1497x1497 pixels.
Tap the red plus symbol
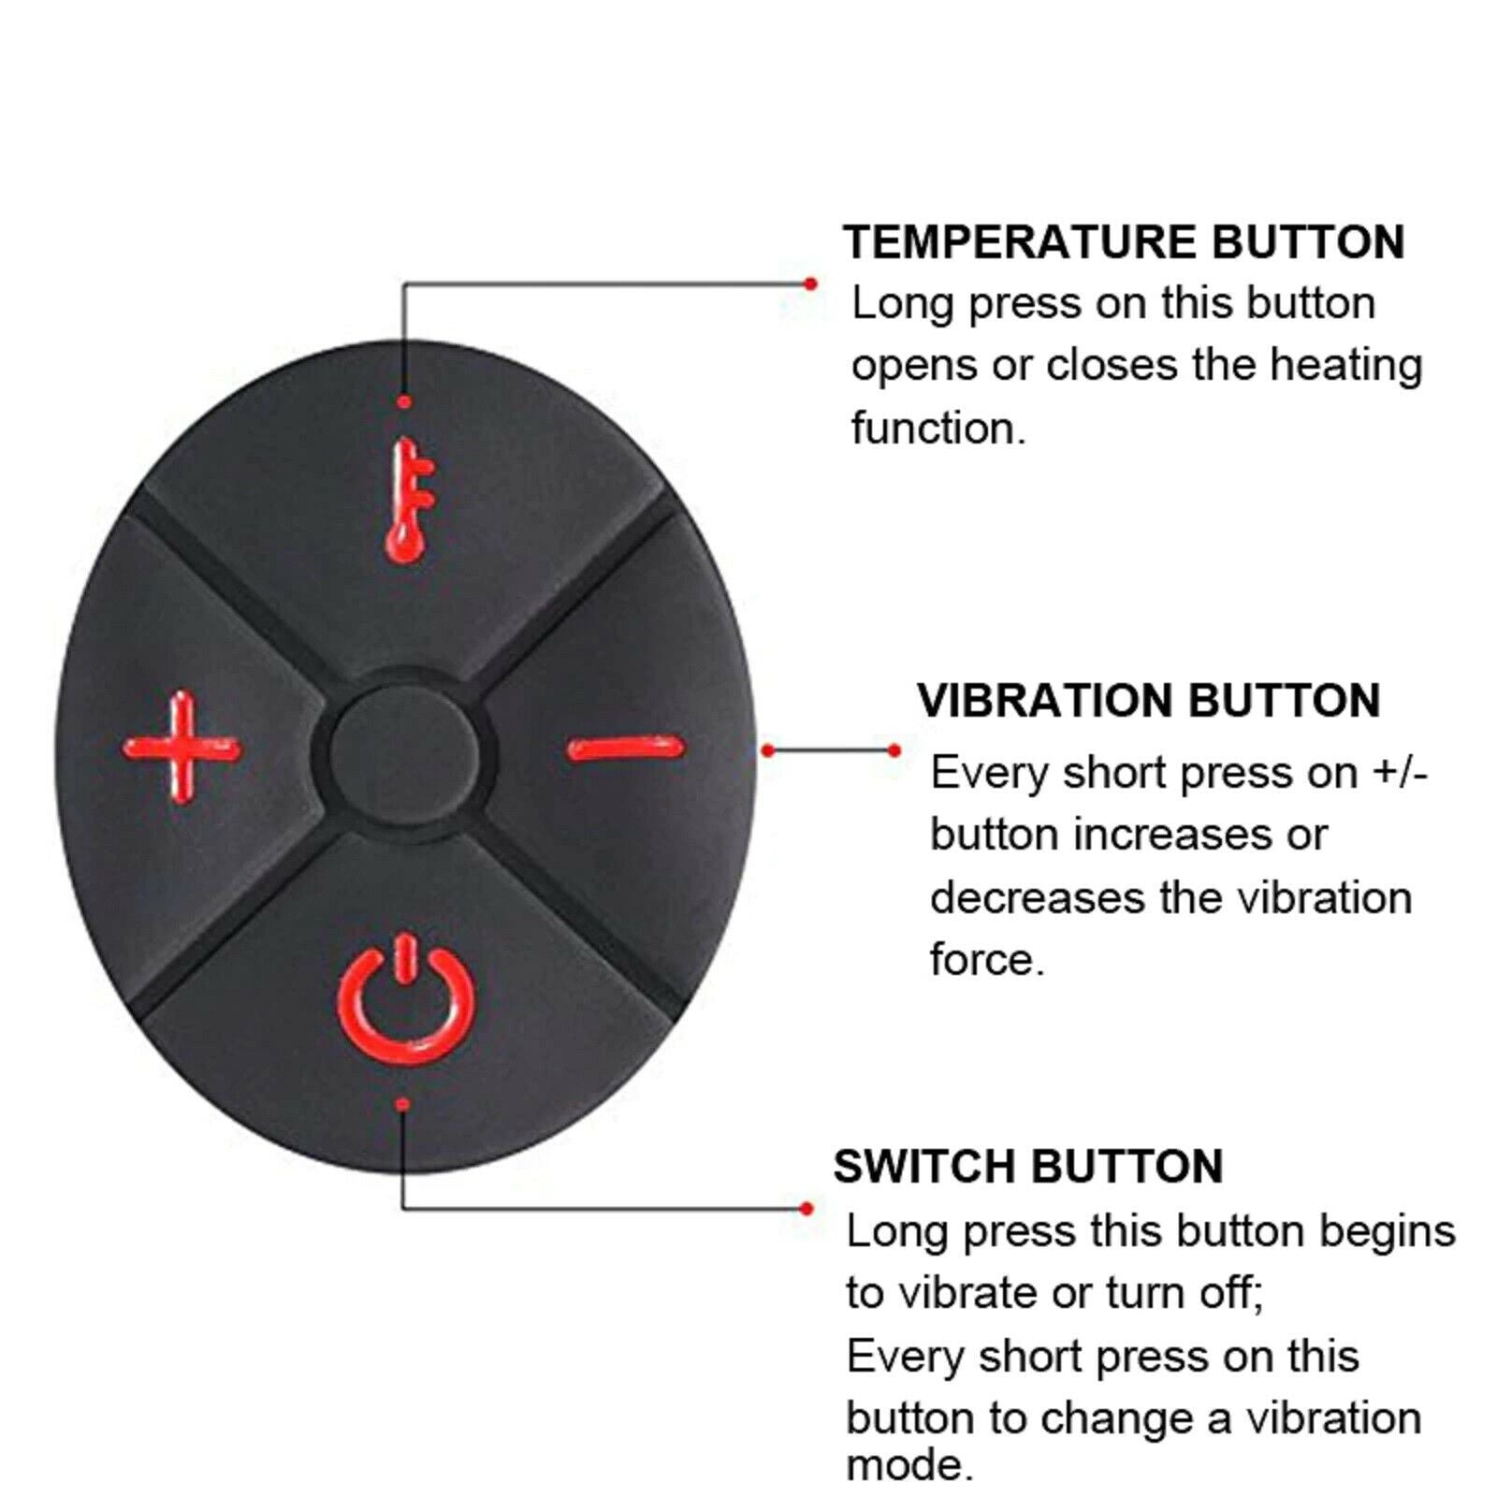(x=182, y=748)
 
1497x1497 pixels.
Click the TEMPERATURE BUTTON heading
(x=1124, y=242)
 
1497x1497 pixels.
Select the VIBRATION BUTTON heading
(x=1149, y=701)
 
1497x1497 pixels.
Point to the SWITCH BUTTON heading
(x=1028, y=1167)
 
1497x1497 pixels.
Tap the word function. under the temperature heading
(x=938, y=428)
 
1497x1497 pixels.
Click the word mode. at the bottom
(x=909, y=1465)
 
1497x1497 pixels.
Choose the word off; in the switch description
(x=1229, y=1293)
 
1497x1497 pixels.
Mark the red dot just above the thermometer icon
(x=404, y=402)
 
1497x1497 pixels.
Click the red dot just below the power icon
(x=402, y=1105)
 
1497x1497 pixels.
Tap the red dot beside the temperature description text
(x=810, y=283)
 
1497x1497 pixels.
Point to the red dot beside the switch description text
(x=807, y=1209)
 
